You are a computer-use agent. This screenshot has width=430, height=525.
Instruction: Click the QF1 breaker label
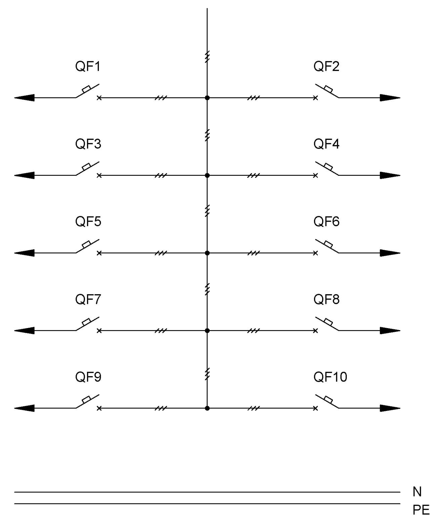tap(88, 66)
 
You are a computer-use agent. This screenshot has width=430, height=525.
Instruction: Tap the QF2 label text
tap(326, 66)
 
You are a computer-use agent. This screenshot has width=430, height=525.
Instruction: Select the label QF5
tap(88, 221)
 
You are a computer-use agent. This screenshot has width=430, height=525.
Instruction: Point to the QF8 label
tap(327, 299)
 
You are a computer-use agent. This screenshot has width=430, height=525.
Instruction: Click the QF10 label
tap(330, 377)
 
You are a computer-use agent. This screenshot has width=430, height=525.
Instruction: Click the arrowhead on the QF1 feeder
tap(24, 98)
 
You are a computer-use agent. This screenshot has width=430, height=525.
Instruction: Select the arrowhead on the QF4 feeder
tap(390, 175)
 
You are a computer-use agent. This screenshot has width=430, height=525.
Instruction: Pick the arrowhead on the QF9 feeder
tap(24, 408)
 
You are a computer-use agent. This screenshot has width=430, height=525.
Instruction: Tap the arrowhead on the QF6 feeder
tap(390, 253)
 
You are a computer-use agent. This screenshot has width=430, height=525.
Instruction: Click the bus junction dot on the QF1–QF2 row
tap(207, 98)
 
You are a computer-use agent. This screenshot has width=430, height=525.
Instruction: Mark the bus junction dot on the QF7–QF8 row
tap(207, 330)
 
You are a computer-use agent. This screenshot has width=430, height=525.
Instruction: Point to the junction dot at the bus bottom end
tap(207, 408)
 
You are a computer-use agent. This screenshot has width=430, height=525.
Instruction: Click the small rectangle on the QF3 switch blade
tap(86, 166)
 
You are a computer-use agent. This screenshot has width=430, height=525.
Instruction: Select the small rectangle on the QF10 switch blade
tap(328, 399)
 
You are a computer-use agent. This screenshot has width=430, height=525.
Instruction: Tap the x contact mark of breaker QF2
tap(315, 98)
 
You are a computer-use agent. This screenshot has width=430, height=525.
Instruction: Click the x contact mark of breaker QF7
tap(99, 330)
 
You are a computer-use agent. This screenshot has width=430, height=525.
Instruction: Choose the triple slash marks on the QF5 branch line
tap(161, 253)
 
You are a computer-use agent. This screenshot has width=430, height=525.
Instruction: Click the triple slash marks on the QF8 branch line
tap(254, 330)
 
